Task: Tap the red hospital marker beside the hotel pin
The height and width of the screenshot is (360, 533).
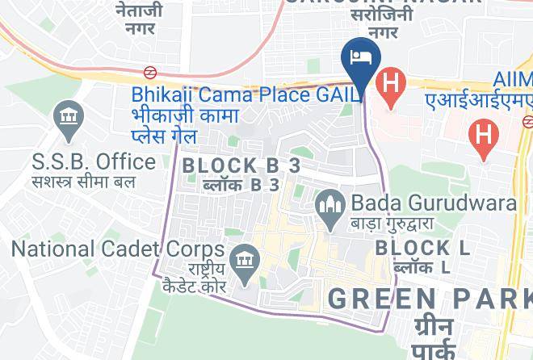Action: pos(392,84)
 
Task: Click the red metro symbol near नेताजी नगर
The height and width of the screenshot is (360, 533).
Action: pos(150,72)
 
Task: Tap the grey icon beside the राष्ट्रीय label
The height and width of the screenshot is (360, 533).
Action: pos(241,260)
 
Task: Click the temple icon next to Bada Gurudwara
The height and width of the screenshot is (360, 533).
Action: pos(329,203)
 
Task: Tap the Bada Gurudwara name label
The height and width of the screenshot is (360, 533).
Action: pos(432,202)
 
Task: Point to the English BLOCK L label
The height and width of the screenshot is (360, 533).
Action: pos(422,247)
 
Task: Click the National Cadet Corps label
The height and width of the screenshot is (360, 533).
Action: pos(112,246)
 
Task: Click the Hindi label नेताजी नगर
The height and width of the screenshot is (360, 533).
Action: pos(139,19)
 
